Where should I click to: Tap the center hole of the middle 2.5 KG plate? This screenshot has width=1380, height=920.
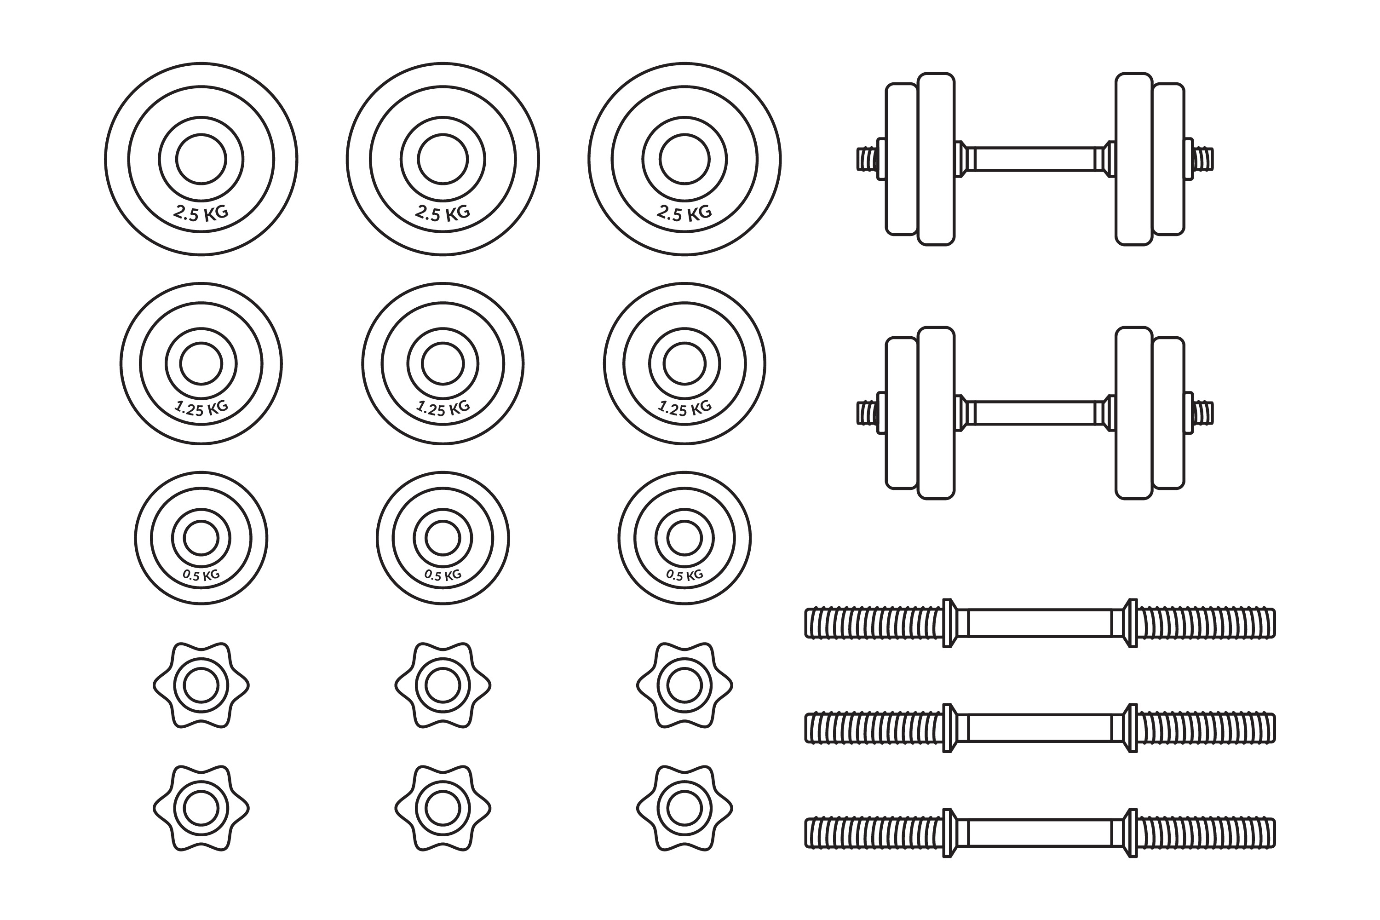(443, 159)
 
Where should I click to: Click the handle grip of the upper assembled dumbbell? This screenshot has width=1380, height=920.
(1035, 159)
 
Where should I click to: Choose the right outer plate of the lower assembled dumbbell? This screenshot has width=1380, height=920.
(1168, 413)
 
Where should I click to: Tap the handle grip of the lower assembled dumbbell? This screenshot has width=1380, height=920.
(1035, 413)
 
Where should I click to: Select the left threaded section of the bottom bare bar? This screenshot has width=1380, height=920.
(873, 833)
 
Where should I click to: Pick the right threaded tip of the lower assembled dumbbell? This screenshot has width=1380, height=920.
(1204, 413)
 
